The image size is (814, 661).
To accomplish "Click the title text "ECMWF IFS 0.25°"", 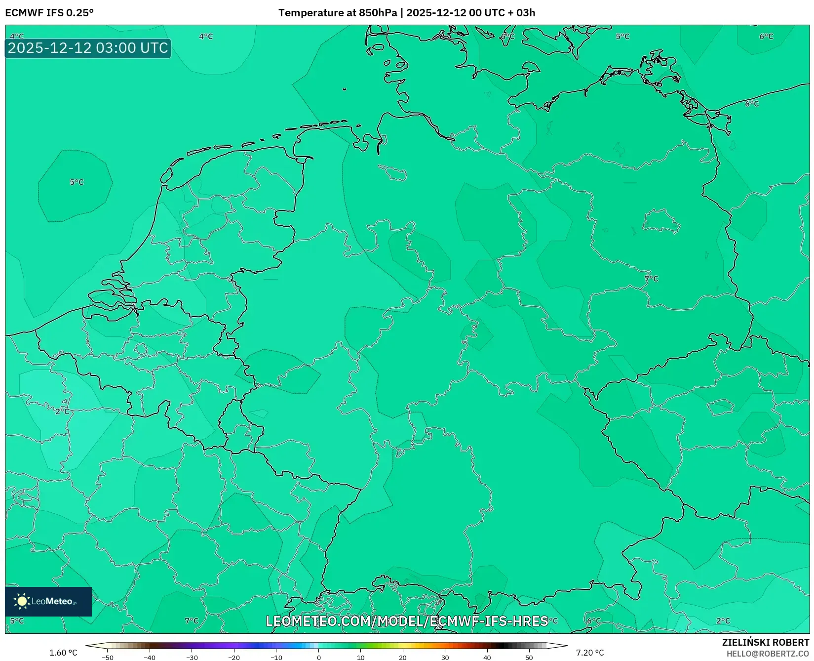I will click(x=49, y=13).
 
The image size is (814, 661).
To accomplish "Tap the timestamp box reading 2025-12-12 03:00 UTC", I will click(x=88, y=48).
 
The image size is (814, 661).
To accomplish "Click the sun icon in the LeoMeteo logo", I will click(x=22, y=601).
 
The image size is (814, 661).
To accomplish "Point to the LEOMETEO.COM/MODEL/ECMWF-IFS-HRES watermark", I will click(x=407, y=621).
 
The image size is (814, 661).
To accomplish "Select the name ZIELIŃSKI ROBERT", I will click(x=766, y=642).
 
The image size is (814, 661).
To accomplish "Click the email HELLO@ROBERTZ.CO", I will click(x=768, y=654).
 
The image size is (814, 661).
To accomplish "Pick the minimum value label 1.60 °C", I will click(x=63, y=653).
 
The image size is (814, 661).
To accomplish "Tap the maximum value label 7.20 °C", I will click(x=590, y=653).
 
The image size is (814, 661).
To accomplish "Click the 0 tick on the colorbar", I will click(x=319, y=658).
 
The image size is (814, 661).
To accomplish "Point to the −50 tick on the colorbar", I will click(x=107, y=658).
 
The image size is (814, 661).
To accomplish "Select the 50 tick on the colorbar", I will click(x=529, y=658).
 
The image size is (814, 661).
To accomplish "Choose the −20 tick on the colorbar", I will click(x=234, y=658).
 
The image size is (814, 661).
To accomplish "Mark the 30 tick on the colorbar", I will click(x=445, y=658).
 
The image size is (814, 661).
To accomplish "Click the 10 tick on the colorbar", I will click(x=361, y=658).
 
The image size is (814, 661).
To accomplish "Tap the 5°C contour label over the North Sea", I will click(x=77, y=182).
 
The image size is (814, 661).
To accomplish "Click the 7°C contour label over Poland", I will click(x=652, y=279).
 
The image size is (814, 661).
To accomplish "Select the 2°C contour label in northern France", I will click(x=62, y=412).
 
